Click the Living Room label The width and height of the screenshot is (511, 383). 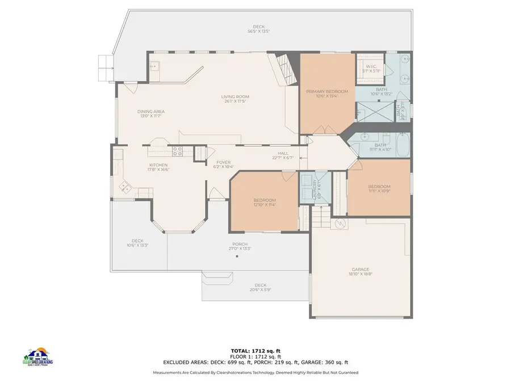[235, 96]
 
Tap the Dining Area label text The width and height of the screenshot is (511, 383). [150, 111]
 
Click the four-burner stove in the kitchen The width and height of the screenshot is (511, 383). [177, 151]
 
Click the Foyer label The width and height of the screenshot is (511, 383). [223, 162]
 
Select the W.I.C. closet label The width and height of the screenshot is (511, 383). [372, 67]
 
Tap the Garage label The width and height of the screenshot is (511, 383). [361, 269]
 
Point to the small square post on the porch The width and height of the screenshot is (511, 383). [237, 256]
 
